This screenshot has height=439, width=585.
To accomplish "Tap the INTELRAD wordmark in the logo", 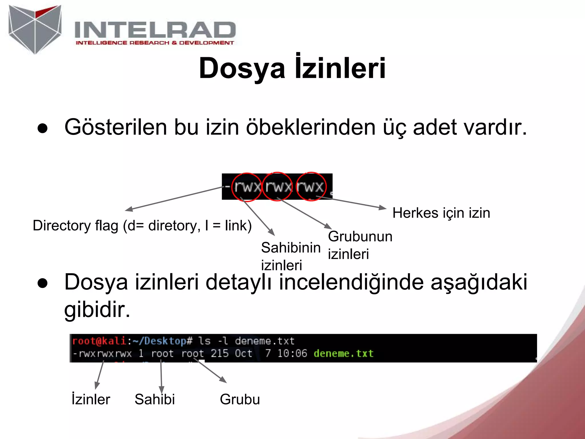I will pos(155,30).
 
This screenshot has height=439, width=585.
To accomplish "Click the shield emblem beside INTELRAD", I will pos(35,29).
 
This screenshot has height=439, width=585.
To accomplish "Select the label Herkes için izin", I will pos(441,213).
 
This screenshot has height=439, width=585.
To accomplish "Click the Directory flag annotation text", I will pos(142,226).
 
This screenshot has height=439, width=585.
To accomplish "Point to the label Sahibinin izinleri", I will pos(291,256).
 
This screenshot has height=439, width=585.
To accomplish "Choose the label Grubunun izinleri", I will pos(360,245).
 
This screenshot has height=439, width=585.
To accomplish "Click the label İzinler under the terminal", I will pos(91,399).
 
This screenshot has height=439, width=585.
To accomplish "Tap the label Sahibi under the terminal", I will pos(155,399).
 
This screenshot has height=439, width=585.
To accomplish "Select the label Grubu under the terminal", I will pos(240,399).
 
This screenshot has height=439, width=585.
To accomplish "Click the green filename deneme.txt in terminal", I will pos(343,354).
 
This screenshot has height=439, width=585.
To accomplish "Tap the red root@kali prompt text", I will pos(99,341).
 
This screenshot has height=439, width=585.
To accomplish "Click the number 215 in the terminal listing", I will pos(219,354).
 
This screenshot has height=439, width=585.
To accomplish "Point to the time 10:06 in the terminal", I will pos(292,354).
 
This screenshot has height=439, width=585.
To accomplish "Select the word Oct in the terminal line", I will pos(244,354).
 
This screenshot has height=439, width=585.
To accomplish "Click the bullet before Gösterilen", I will pos(43,128).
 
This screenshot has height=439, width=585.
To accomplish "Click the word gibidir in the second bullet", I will pos(97,310).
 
